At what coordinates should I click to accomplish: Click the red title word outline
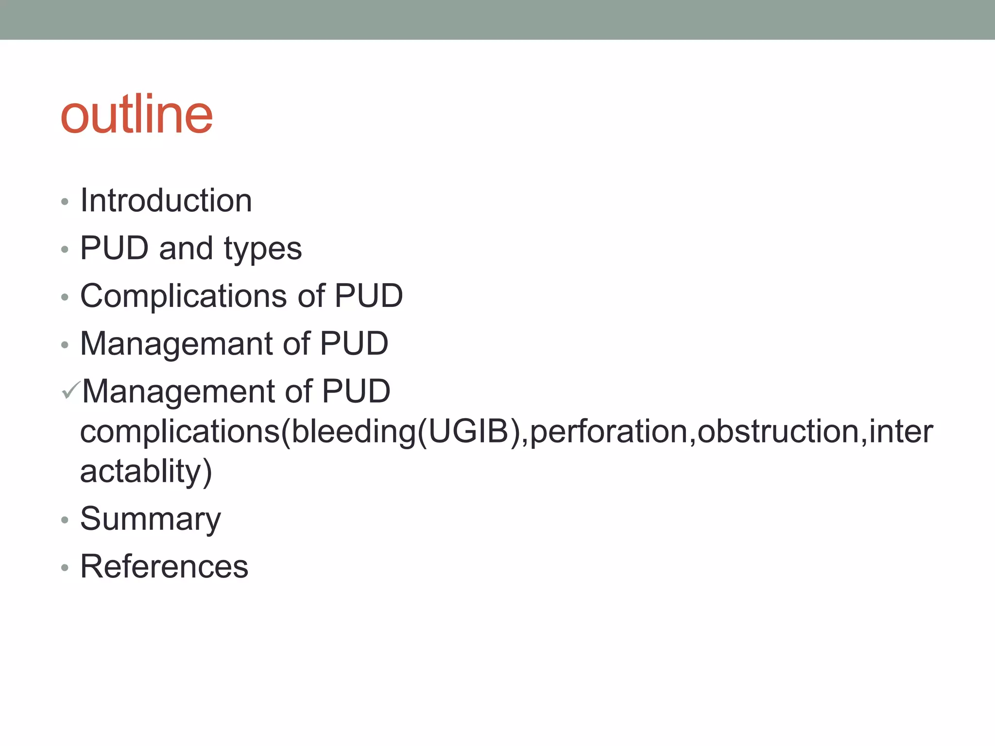tap(137, 115)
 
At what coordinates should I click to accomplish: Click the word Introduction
tap(166, 200)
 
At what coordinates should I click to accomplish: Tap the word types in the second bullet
tap(263, 249)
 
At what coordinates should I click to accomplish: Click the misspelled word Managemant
tap(176, 343)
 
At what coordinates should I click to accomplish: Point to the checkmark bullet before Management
tap(70, 390)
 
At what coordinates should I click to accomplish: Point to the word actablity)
tap(146, 471)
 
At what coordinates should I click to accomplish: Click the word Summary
tap(150, 519)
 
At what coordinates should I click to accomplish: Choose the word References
tap(164, 566)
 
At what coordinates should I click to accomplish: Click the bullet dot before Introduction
tap(65, 202)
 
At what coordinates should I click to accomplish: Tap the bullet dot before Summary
tap(65, 520)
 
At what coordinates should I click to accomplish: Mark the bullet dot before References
tap(65, 568)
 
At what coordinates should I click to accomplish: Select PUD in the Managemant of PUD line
tap(354, 343)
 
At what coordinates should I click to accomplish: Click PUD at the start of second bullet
tap(114, 248)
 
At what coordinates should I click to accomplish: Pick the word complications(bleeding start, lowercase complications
tap(180, 431)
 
